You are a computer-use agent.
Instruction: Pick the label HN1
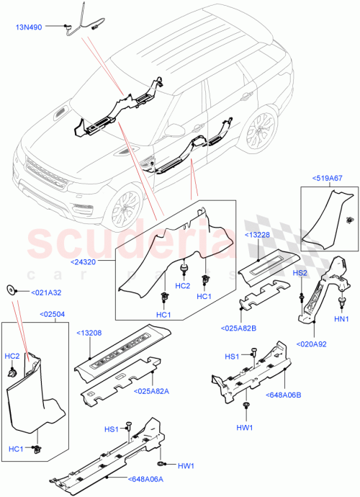(341, 318)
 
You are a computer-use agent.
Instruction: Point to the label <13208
(89, 334)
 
